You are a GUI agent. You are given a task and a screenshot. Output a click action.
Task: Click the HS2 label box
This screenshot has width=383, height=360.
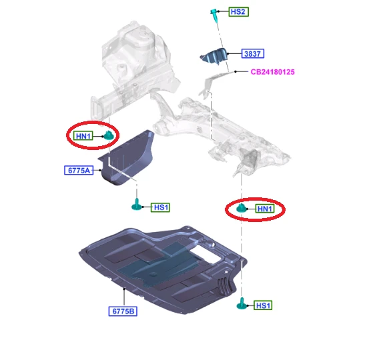239,12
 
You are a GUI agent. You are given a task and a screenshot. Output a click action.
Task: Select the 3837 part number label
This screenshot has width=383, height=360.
253,53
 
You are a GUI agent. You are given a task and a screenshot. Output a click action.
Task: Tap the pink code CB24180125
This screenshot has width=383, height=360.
273,72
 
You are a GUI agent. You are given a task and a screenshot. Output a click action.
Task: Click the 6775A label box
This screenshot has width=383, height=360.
79,170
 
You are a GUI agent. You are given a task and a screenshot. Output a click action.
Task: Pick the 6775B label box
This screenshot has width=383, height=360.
123,311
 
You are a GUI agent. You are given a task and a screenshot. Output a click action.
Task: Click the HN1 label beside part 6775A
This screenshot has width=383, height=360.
83,136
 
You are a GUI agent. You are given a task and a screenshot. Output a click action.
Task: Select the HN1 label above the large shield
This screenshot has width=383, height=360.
265,209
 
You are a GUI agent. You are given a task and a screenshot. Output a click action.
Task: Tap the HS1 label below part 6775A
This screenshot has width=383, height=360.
160,207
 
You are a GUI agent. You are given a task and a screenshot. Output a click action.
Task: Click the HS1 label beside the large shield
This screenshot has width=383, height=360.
263,305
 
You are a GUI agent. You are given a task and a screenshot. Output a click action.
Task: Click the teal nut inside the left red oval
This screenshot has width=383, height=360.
108,135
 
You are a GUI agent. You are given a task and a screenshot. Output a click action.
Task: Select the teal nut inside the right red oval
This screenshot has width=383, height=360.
241,208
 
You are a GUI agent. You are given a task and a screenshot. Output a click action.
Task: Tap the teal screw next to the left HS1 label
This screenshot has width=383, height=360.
137,204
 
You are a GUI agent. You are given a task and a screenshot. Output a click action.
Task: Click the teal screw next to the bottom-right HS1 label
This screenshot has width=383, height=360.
242,303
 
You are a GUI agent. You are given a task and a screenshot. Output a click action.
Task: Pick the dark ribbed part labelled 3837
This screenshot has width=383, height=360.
214,57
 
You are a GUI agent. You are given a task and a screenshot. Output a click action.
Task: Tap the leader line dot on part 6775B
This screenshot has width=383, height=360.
124,289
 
